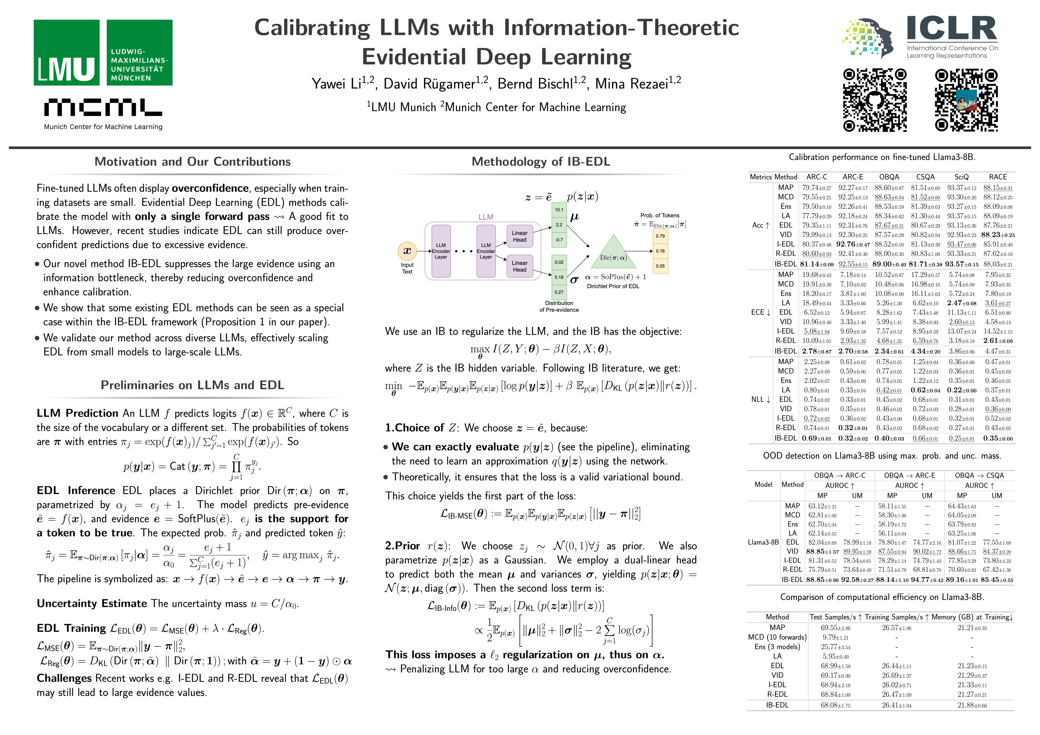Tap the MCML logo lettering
pos(103,107)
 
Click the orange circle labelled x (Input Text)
pos(407,251)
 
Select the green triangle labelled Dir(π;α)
pos(613,253)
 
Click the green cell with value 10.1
pos(559,210)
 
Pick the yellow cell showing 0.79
pos(660,236)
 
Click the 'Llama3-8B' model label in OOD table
pos(763,542)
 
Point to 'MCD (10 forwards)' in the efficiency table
pos(777,637)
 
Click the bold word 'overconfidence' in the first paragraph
pos(210,188)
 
